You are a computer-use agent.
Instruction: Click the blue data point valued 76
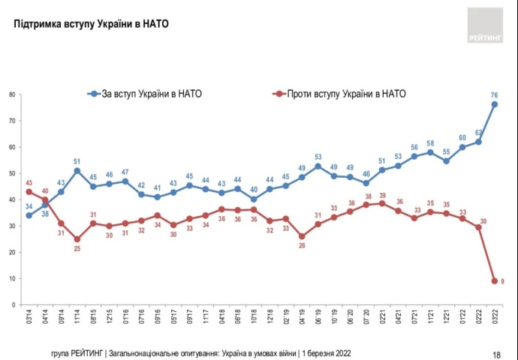point(495,104)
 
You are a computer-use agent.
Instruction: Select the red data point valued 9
point(495,281)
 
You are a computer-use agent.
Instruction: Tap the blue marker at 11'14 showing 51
point(77,171)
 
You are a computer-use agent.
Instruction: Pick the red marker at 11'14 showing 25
point(77,239)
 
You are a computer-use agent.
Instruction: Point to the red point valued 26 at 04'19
point(302,236)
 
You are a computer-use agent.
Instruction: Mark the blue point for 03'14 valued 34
point(29,215)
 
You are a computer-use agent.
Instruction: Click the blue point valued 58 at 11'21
point(430,152)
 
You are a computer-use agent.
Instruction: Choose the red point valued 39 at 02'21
point(382,202)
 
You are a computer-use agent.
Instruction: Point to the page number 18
point(496,353)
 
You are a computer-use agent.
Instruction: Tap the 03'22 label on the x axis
point(495,319)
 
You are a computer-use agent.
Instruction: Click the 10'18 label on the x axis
point(254,319)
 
